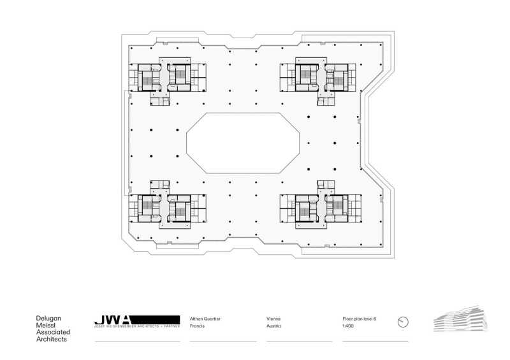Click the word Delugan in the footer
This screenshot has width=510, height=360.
coord(48,318)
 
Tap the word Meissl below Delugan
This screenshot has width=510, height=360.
coord(45,325)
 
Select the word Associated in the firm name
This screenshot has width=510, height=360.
coord(53,332)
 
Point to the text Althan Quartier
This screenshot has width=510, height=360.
coord(205,318)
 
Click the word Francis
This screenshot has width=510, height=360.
coord(198,326)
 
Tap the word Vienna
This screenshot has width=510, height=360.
coord(273,318)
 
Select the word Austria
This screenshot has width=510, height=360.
coord(274,326)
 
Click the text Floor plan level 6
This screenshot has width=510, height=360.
coord(360,318)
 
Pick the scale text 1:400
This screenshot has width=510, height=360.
coord(348,326)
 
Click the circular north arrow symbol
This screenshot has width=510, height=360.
coord(402,322)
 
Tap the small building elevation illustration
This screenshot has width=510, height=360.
coord(455,318)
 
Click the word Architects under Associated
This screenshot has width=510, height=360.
coord(51,339)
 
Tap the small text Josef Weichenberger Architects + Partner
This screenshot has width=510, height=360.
coord(138,327)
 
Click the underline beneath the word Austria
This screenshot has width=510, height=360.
coord(299,342)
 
